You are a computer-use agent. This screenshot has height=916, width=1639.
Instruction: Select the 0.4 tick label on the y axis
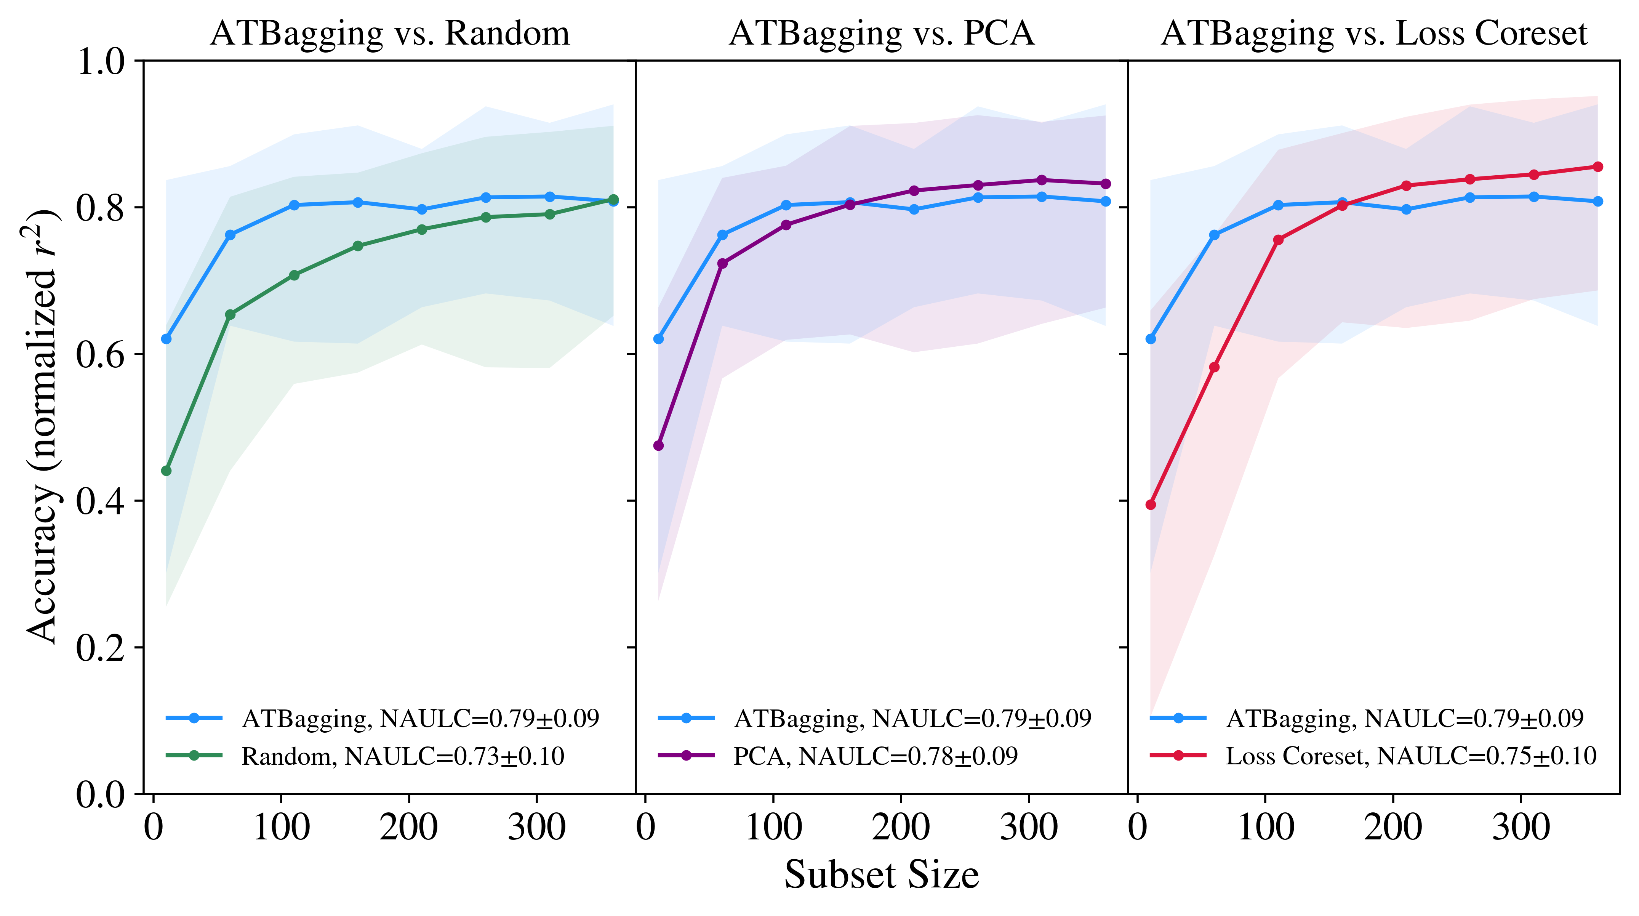tap(101, 501)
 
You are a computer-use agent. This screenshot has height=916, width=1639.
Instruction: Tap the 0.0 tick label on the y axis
tap(101, 794)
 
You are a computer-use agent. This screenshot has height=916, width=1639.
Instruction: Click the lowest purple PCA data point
tap(658, 445)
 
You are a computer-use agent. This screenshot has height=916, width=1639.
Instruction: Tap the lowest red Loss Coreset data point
tap(1150, 505)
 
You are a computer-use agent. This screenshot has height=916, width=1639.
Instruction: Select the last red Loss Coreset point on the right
tap(1597, 167)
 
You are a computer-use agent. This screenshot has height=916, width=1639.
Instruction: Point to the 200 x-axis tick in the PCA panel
tap(901, 828)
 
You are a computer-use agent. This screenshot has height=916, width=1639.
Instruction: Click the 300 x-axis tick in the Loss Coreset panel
tap(1521, 828)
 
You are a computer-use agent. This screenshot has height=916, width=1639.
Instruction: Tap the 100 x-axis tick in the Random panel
tap(281, 828)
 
